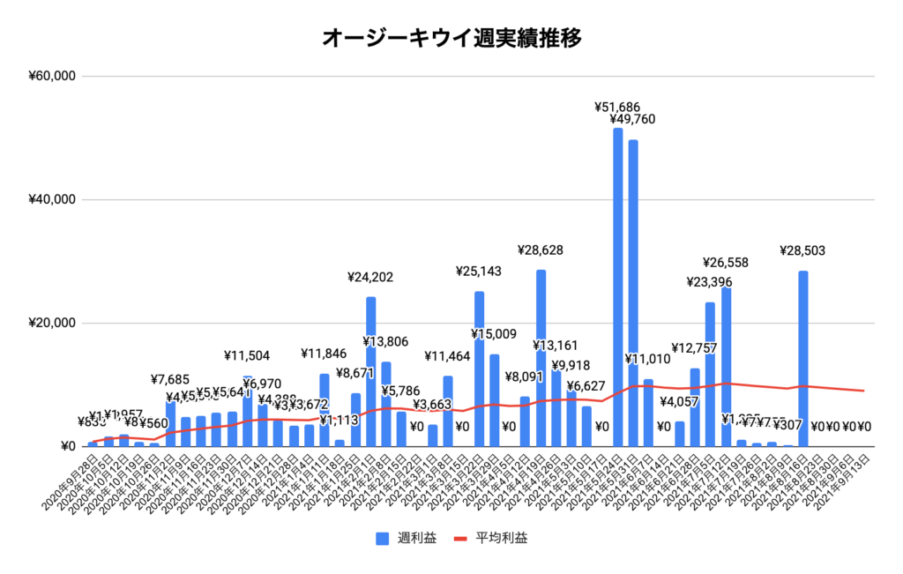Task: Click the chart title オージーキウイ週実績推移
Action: point(451,38)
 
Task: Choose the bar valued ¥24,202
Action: point(370,370)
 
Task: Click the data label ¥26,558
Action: point(729,263)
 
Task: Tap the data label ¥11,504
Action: point(247,356)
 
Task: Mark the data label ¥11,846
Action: point(325,356)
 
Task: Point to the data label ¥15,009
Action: point(495,334)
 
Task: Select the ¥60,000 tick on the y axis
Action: point(52,76)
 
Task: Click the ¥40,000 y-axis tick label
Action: point(52,199)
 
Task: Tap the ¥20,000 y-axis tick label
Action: point(52,323)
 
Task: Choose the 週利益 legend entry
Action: point(406,538)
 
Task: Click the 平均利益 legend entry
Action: point(492,538)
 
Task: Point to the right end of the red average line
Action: point(864,391)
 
